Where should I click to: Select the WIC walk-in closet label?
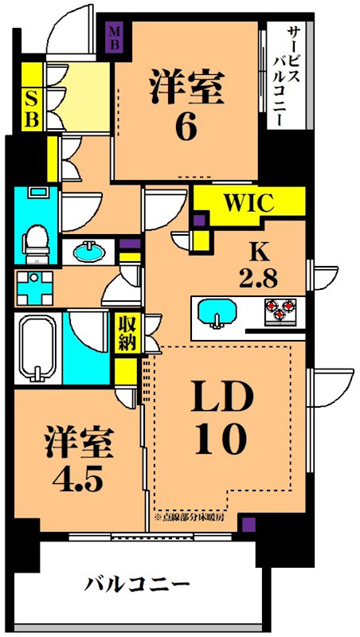coord(248,202)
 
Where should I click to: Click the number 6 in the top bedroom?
coord(185,127)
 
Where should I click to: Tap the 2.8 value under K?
coord(258,279)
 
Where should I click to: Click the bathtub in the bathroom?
coord(35,349)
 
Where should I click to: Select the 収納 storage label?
coord(127,334)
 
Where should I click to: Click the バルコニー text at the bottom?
coord(138,585)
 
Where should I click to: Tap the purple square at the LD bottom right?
coord(249,524)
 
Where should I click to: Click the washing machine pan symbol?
coord(34,287)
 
